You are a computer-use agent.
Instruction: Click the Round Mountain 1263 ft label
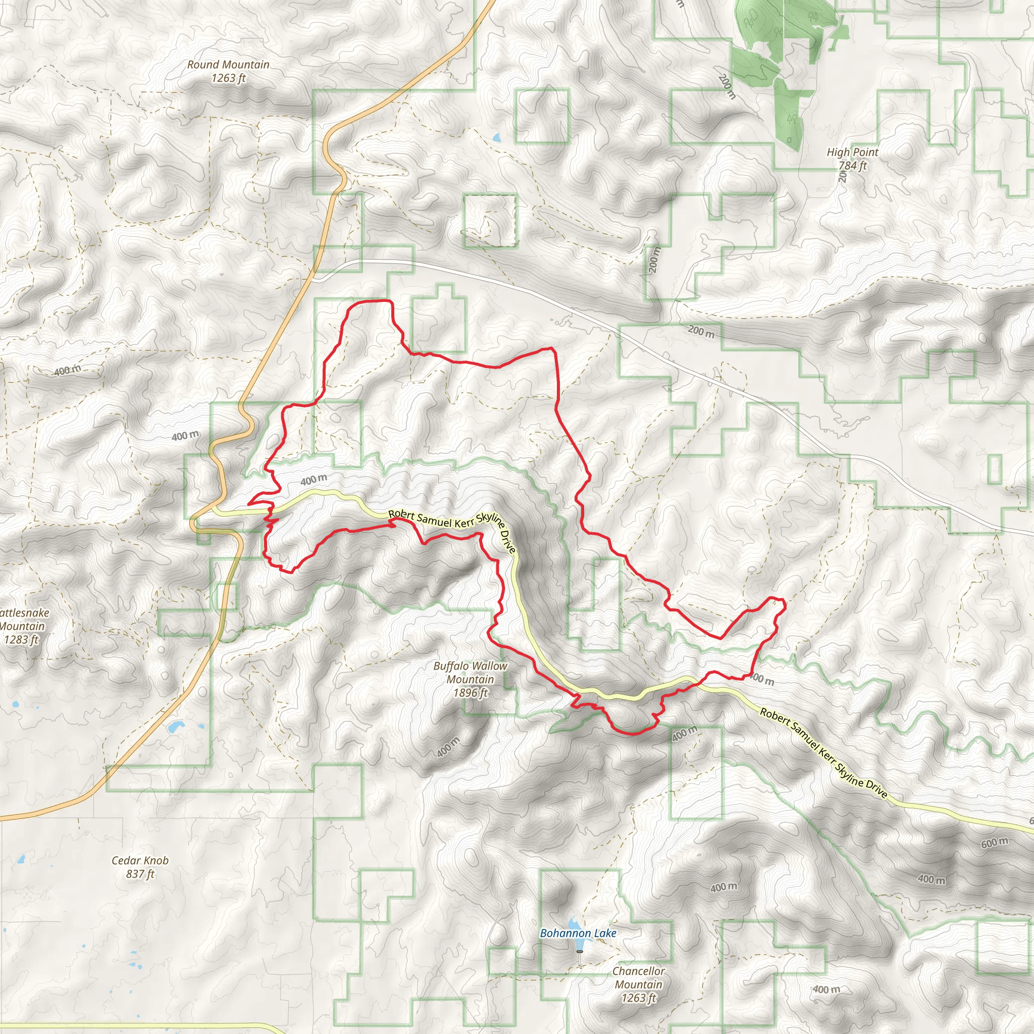(228, 71)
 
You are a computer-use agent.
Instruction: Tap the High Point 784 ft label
(852, 159)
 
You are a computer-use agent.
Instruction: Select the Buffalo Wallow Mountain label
(470, 679)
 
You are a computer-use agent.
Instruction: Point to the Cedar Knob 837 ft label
(140, 867)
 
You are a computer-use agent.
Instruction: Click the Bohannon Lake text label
(578, 934)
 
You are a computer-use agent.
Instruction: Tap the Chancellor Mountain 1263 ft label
(639, 984)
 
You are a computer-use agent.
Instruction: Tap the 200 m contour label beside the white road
(701, 331)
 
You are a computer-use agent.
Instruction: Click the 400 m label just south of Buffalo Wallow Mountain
(448, 747)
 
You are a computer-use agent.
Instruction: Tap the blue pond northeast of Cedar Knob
(175, 728)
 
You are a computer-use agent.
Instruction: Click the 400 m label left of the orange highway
(185, 436)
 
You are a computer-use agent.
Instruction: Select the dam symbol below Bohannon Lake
(579, 952)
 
